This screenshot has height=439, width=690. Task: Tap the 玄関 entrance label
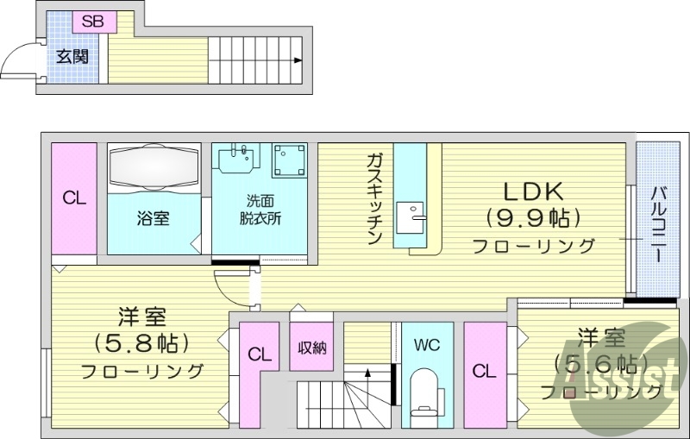coord(71,58)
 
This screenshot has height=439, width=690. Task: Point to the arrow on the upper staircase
coord(297,60)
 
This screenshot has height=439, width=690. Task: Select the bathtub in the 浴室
coord(154,166)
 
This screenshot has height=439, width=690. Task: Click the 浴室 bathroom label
coord(154,218)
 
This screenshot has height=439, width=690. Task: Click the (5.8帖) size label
coord(141,342)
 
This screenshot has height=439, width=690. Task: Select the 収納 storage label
coord(312,348)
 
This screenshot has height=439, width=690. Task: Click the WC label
coord(427,346)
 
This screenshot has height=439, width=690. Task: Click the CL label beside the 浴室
coord(73,198)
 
